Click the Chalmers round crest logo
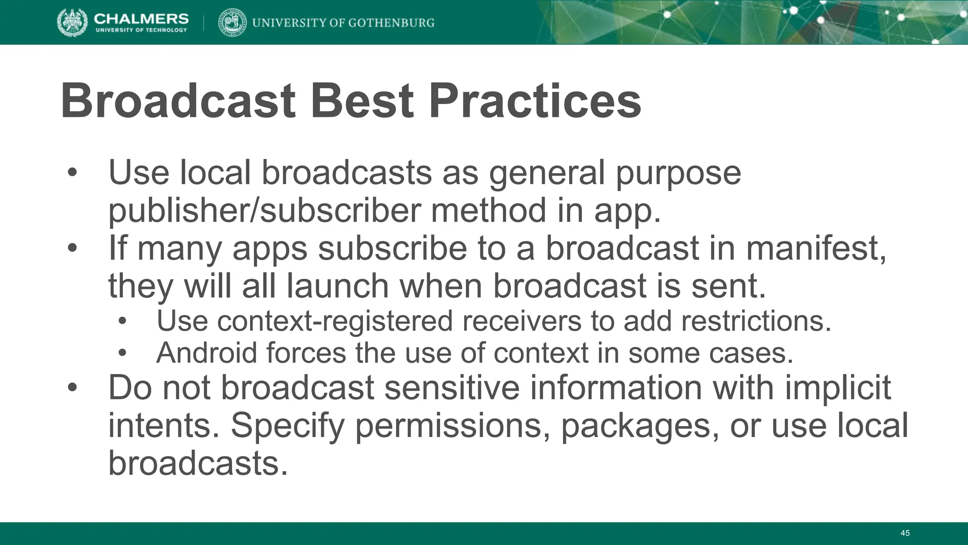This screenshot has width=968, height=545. coord(72,23)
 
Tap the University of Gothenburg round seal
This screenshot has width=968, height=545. coord(232,23)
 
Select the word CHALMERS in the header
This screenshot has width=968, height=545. coord(141,18)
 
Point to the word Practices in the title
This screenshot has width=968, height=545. coord(535,101)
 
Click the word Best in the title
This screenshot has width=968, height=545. coord(362,101)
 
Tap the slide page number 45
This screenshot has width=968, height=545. coord(905,533)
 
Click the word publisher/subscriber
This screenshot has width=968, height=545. coord(264,211)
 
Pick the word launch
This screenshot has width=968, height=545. coord(338,286)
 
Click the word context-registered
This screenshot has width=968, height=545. coord(305,321)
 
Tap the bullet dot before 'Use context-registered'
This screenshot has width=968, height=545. coord(123,321)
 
